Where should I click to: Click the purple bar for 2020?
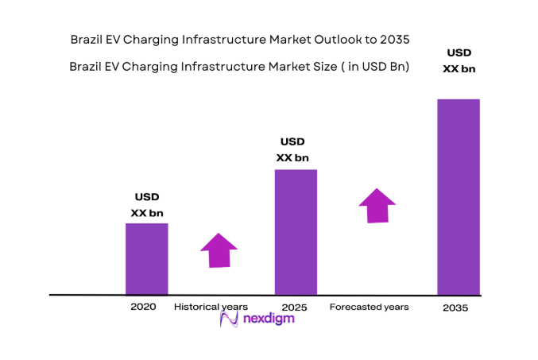pos(146,258)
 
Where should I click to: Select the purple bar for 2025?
pos(296,231)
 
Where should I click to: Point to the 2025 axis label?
pos(295,306)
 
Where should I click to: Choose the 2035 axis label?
pos(455,308)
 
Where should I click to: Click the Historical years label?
pos(211,306)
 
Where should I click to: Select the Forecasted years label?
pos(369,306)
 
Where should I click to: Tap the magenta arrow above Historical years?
pos(219,250)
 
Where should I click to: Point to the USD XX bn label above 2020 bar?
pos(146,205)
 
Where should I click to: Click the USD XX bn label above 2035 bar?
pos(459,60)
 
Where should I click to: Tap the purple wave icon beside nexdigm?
pos(229,319)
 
